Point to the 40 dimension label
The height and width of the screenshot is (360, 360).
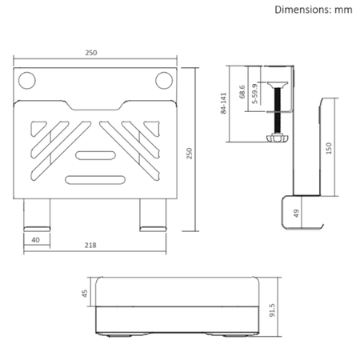click(x=35, y=240)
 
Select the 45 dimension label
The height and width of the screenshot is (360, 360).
click(x=86, y=292)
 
